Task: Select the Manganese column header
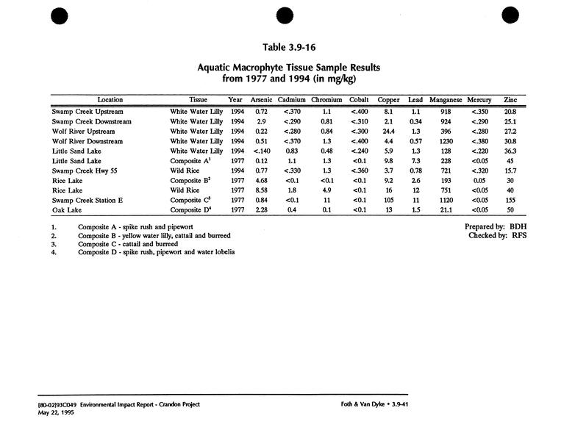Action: [x=446, y=100]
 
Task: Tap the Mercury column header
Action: [x=479, y=100]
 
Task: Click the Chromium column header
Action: [x=326, y=100]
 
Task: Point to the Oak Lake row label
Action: [x=67, y=210]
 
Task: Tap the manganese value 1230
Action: [x=446, y=140]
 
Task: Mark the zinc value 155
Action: [x=510, y=200]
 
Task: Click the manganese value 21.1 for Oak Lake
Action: [x=446, y=210]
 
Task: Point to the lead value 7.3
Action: [x=415, y=160]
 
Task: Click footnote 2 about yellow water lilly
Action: [x=154, y=236]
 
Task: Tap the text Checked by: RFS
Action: [x=497, y=236]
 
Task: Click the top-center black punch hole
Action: [x=286, y=16]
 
